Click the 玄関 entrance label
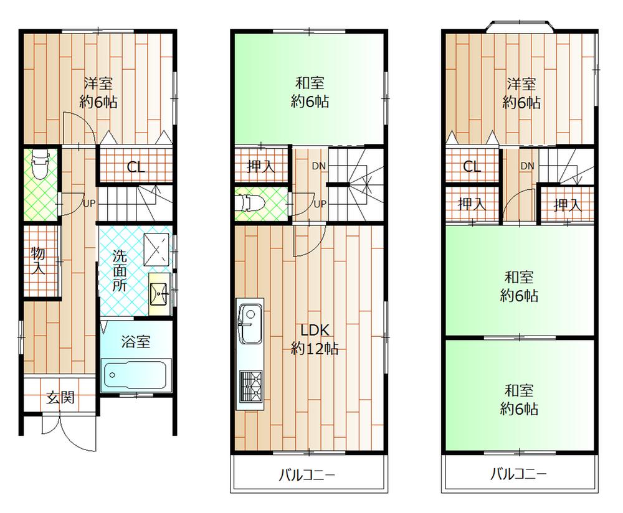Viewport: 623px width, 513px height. click(60, 397)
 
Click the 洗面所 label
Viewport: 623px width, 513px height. click(120, 270)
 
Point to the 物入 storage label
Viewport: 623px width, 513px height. click(39, 261)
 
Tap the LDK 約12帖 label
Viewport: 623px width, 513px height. click(315, 339)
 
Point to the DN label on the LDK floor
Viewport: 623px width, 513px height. click(318, 166)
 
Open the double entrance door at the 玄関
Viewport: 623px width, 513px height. click(60, 430)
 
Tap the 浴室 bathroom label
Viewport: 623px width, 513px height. click(135, 341)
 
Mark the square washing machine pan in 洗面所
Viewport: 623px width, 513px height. click(156, 247)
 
